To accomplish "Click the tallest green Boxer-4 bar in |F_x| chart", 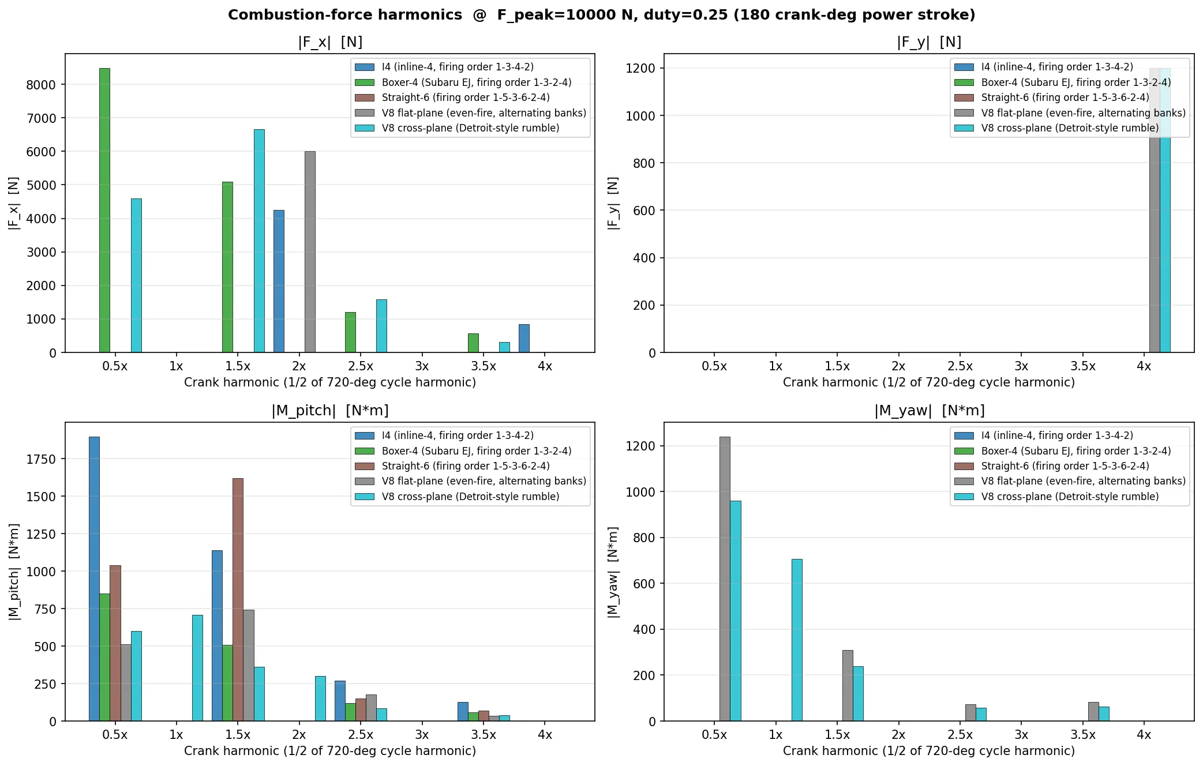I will tap(104, 210).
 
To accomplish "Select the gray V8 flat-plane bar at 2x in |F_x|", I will tap(310, 251).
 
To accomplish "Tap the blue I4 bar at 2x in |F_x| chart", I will tap(279, 281).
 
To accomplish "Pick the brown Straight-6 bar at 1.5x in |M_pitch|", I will tap(238, 599).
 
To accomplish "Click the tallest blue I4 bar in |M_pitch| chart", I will tap(94, 579).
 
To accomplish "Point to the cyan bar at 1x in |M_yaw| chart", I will tap(797, 640).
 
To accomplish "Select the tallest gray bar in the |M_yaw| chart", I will tap(725, 579).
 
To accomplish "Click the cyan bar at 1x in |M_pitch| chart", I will tap(197, 668).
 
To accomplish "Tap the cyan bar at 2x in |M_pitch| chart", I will tap(320, 699).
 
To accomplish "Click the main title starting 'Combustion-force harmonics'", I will tap(601, 15).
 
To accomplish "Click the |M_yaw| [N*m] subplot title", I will tap(929, 411).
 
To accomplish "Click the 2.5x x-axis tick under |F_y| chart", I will tap(960, 366).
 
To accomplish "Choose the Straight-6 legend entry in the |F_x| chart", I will tap(465, 97).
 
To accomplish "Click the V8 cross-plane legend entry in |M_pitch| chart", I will tap(470, 497).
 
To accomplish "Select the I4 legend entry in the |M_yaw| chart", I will tap(1056, 435).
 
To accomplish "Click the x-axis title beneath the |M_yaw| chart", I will tap(928, 751).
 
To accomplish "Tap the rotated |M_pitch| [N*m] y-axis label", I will tap(14, 572).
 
